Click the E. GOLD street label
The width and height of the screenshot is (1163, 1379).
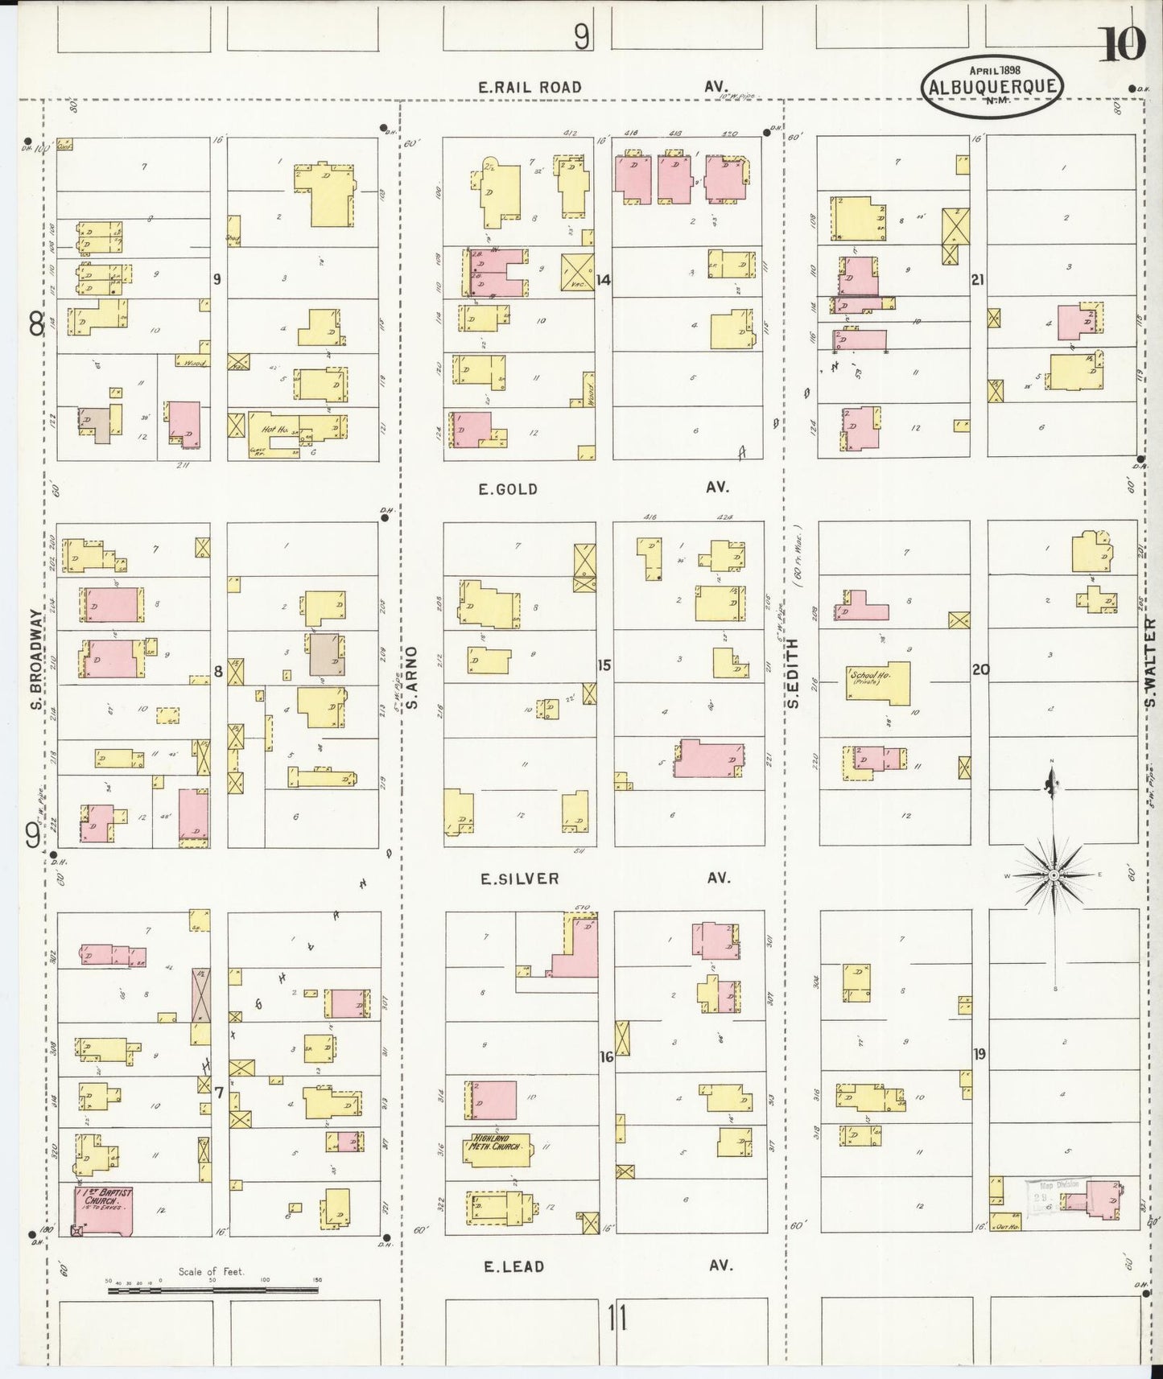(507, 489)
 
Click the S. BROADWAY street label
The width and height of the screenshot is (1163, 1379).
(35, 660)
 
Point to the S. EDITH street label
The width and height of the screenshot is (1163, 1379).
(793, 673)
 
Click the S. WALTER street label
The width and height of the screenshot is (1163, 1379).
(1150, 662)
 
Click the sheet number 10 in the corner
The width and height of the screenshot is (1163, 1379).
(1122, 44)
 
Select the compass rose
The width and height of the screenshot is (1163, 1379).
(1054, 874)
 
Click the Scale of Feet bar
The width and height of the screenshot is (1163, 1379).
(212, 1290)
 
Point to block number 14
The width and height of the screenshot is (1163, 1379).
(604, 280)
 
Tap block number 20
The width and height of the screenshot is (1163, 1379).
(979, 669)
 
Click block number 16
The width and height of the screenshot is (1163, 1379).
(606, 1056)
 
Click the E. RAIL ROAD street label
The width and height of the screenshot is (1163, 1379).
(530, 87)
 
